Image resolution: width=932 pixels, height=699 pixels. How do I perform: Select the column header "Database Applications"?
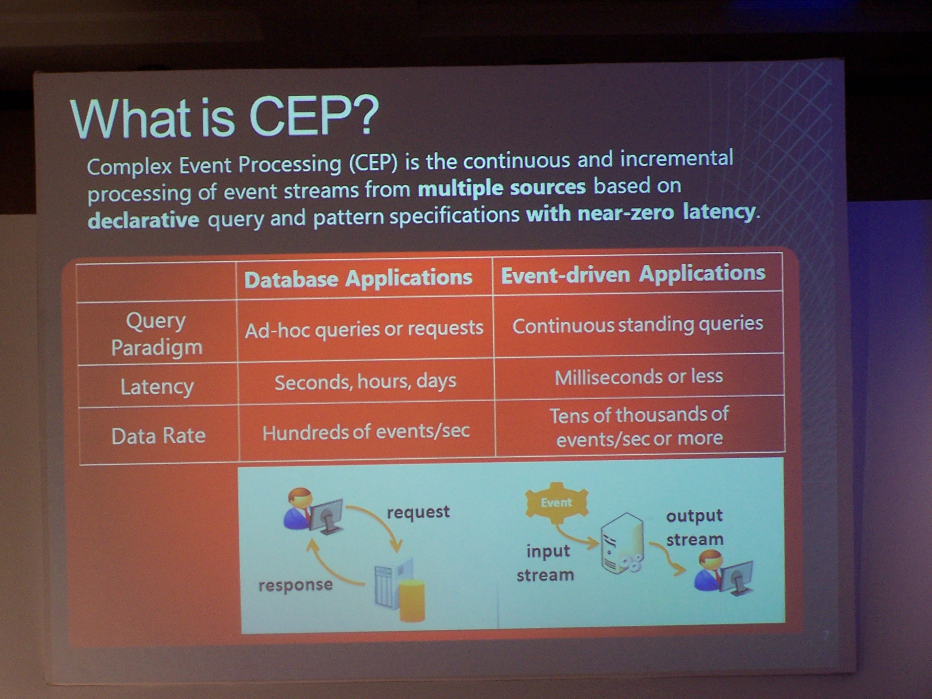[358, 278]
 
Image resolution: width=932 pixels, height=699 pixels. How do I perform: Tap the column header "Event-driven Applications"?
[633, 274]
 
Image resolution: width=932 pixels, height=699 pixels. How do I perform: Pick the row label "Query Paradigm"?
[156, 334]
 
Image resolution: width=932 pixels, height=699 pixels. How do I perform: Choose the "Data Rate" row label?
[159, 436]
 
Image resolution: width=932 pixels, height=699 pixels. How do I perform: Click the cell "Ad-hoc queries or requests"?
[364, 329]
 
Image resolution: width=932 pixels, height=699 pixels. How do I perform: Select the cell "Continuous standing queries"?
[638, 324]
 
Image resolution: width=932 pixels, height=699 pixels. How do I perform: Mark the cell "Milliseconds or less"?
[639, 376]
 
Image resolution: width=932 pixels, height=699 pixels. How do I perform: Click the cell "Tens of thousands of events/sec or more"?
[639, 426]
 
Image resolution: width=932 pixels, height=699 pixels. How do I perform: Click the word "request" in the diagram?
[418, 513]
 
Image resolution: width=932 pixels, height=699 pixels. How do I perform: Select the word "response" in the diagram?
[295, 585]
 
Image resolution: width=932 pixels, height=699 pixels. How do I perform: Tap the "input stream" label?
[546, 563]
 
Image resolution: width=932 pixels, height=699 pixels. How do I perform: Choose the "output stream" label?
[695, 527]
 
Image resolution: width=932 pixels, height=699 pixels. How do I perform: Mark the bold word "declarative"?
[143, 220]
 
